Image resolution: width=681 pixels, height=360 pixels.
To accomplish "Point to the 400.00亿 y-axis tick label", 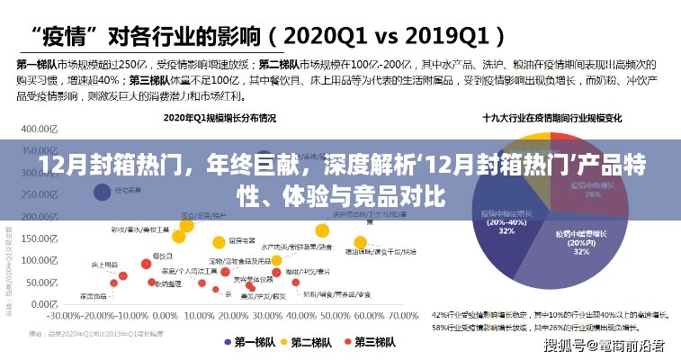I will (34, 129).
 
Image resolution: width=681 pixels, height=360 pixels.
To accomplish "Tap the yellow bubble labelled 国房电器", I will (218, 241).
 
